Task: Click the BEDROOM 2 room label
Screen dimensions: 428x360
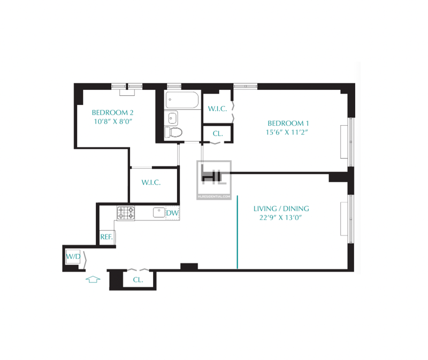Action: pyautogui.click(x=112, y=112)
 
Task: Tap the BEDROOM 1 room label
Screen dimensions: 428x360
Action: pyautogui.click(x=288, y=123)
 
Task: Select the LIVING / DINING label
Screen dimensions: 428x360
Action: pyautogui.click(x=281, y=209)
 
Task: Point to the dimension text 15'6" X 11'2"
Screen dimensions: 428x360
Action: pyautogui.click(x=287, y=132)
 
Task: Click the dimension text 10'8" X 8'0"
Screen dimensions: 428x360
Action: pyautogui.click(x=113, y=121)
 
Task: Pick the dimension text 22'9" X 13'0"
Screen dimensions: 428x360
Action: pyautogui.click(x=280, y=218)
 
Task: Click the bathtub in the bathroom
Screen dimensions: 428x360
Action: pyautogui.click(x=182, y=100)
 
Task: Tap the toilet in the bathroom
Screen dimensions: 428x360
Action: pyautogui.click(x=173, y=132)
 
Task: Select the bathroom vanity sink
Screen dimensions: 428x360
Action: pyautogui.click(x=172, y=118)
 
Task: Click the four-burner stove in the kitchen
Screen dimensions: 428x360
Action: pyautogui.click(x=126, y=213)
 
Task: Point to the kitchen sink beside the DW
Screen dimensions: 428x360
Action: pyautogui.click(x=159, y=212)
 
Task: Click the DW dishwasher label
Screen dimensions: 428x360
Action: pyautogui.click(x=172, y=213)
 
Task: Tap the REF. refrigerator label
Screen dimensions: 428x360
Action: pyautogui.click(x=106, y=236)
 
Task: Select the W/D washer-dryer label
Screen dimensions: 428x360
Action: pyautogui.click(x=73, y=257)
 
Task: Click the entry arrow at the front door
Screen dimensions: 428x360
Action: pyautogui.click(x=93, y=279)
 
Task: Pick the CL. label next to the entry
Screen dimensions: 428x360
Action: pyautogui.click(x=138, y=280)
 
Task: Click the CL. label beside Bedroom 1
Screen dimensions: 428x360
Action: pyautogui.click(x=218, y=134)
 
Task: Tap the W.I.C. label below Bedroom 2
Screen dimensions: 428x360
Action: pyautogui.click(x=151, y=182)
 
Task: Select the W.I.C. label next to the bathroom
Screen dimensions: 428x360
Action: pyautogui.click(x=217, y=109)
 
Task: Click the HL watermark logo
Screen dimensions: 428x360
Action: pyautogui.click(x=215, y=180)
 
